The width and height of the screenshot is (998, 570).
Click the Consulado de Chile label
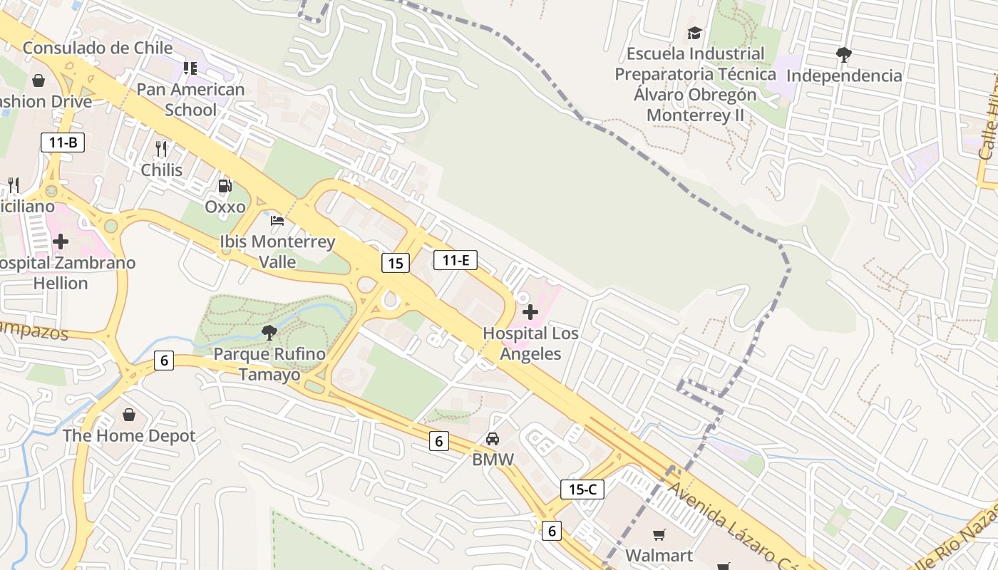click(98, 48)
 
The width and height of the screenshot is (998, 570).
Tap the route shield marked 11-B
click(63, 142)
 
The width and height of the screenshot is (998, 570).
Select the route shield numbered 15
click(396, 263)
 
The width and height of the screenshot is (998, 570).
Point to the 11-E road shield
click(456, 260)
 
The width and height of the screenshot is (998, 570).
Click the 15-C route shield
click(582, 489)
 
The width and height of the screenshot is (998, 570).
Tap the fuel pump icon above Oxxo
click(225, 186)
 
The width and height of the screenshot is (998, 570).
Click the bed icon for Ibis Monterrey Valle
click(277, 221)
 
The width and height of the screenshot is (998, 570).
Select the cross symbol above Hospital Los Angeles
click(530, 312)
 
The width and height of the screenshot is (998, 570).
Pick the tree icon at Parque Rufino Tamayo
click(269, 332)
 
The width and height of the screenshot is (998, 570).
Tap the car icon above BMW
click(493, 439)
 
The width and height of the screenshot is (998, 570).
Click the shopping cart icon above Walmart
click(659, 534)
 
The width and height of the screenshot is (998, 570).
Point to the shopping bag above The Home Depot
click(129, 415)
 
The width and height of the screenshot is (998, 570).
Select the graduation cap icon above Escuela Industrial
click(694, 33)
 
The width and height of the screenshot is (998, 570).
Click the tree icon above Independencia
click(844, 54)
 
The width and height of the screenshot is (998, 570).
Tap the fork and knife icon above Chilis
click(161, 148)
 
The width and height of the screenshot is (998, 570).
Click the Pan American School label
click(190, 100)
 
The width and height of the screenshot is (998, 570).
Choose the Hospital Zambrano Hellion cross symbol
click(61, 242)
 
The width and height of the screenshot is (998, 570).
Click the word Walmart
click(659, 555)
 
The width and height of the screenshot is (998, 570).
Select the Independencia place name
click(844, 76)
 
